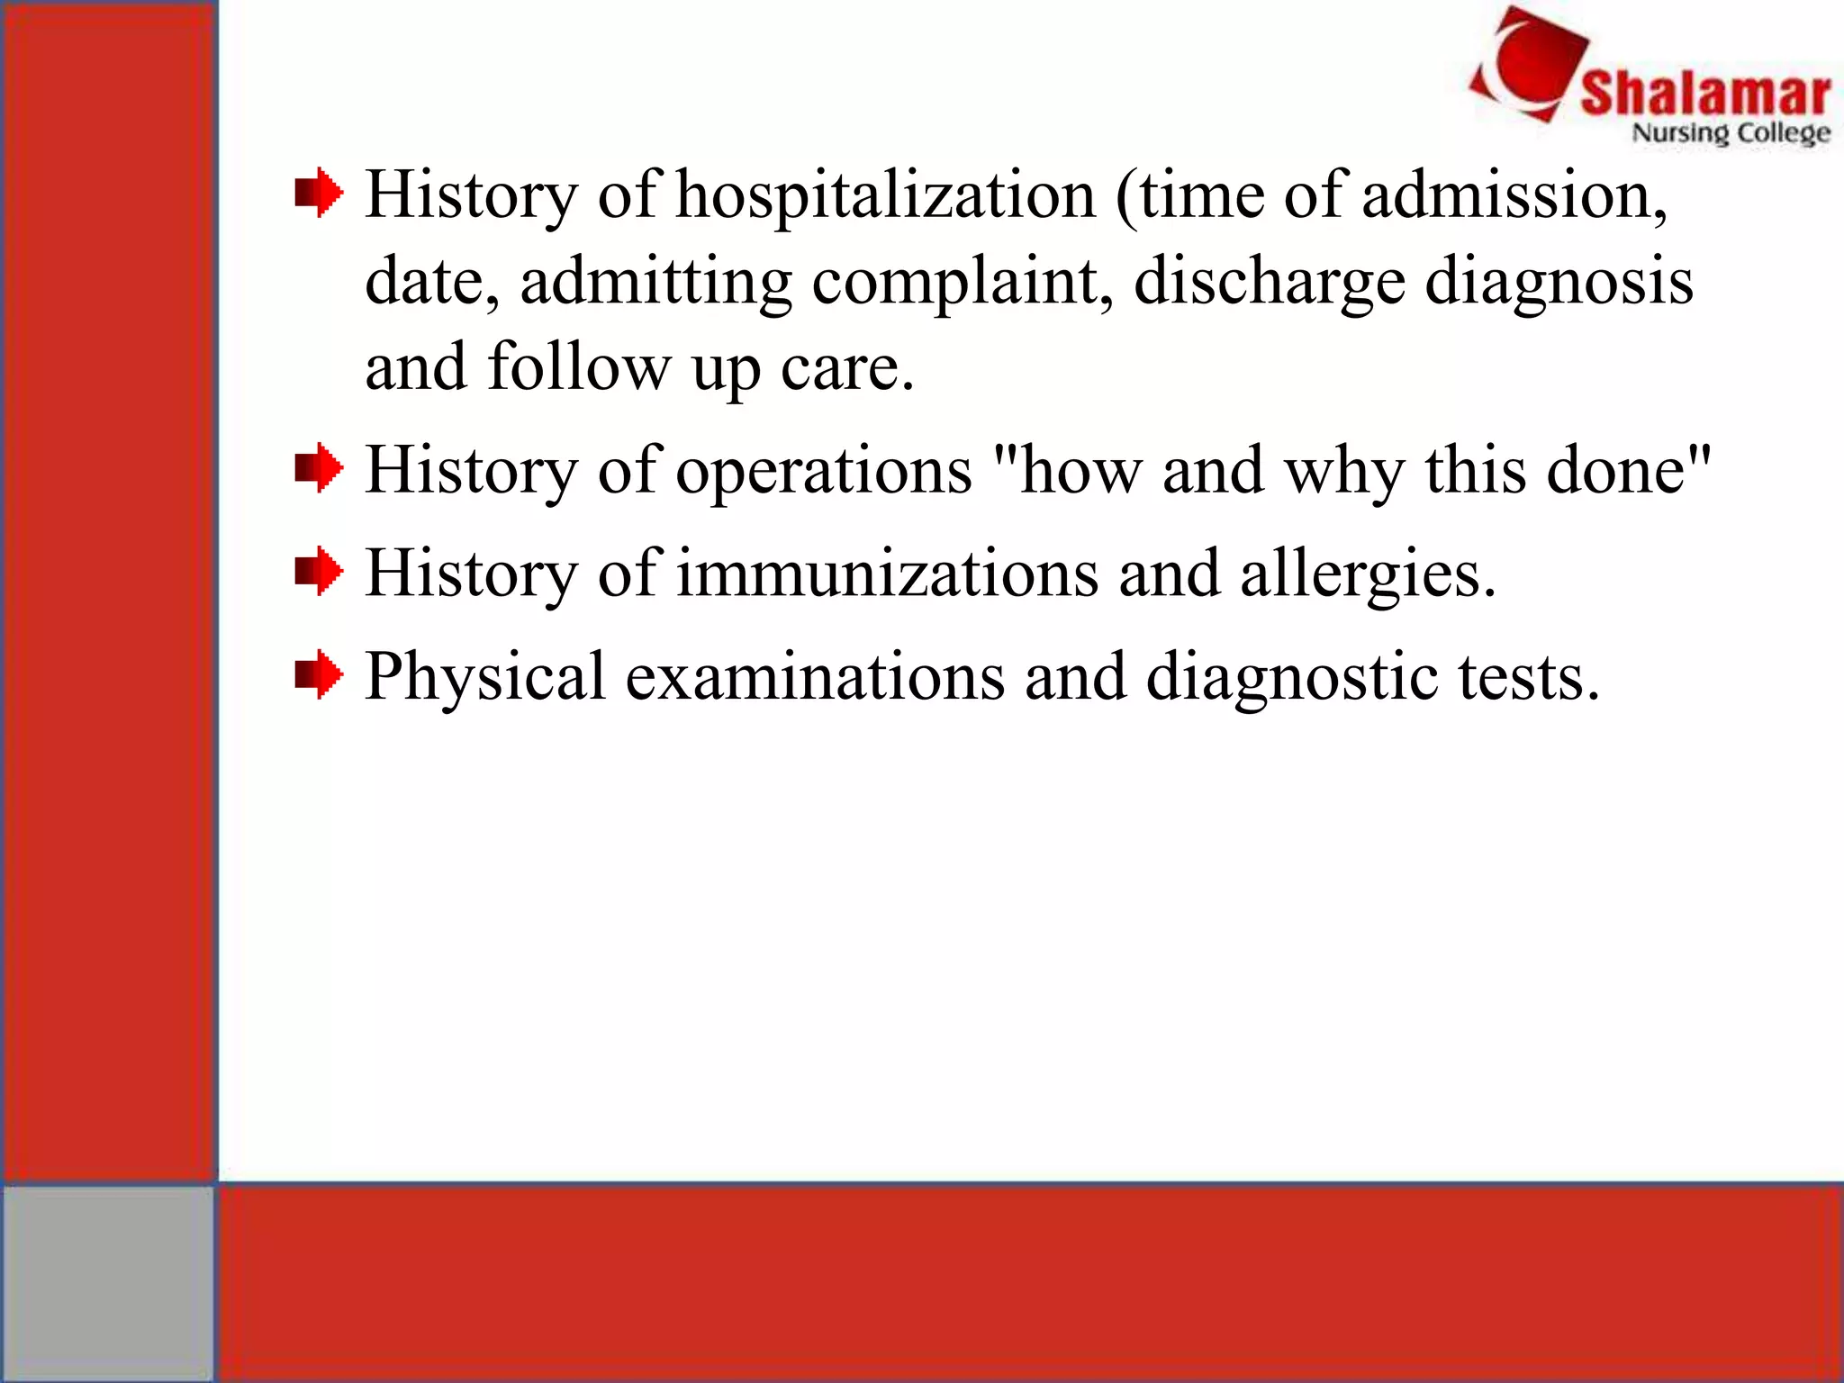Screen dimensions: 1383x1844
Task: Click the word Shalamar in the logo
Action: (x=1704, y=94)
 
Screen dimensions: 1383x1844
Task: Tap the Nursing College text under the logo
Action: (x=1731, y=133)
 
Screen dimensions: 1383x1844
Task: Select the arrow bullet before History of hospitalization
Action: (x=319, y=194)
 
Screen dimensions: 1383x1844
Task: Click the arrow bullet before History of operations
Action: (x=319, y=469)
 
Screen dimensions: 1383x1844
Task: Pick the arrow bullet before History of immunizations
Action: (x=319, y=573)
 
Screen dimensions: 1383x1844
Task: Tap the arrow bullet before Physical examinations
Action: (x=319, y=675)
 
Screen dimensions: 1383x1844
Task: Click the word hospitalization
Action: (x=885, y=195)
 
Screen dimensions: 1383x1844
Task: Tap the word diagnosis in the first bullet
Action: (x=1559, y=282)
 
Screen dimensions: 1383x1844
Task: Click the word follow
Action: (x=579, y=367)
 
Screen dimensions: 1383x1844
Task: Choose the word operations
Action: (x=824, y=470)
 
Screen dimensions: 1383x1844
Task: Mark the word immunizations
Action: (x=887, y=574)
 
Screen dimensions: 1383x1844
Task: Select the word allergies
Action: (x=1367, y=574)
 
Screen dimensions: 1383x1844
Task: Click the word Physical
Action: (x=485, y=676)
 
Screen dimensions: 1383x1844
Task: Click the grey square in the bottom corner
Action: (x=107, y=1282)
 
